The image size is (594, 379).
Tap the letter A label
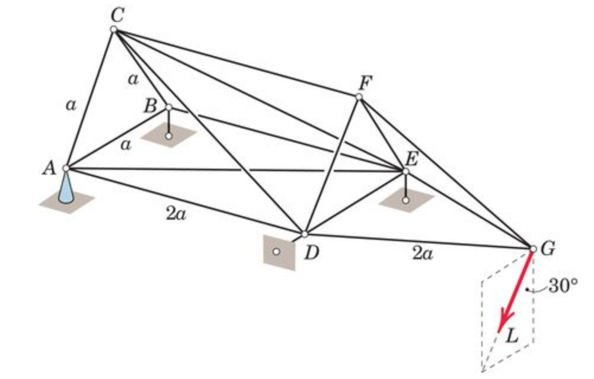tap(49, 168)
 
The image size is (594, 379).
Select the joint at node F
tap(359, 97)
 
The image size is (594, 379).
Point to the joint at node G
tap(532, 249)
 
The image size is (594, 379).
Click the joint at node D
tap(304, 235)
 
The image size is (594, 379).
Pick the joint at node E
tap(405, 172)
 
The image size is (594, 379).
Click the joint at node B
tap(169, 107)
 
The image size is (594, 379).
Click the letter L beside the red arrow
tap(513, 338)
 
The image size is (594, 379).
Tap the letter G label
tap(548, 249)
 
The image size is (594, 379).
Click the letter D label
tap(312, 253)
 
